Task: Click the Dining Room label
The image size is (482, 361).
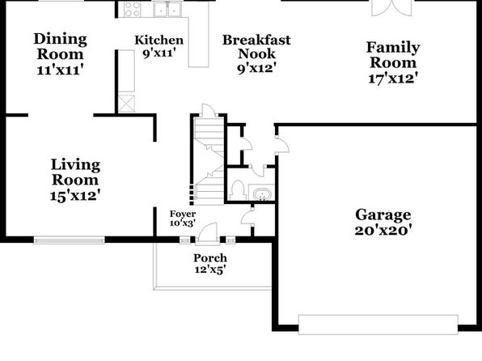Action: click(60, 46)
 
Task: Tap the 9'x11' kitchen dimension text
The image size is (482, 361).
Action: click(159, 53)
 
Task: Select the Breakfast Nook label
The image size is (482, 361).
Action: click(256, 47)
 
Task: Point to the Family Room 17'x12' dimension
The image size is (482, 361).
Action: click(393, 79)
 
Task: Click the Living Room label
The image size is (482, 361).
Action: click(75, 172)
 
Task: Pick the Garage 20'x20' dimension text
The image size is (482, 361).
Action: click(383, 230)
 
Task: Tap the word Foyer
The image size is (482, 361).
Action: click(183, 214)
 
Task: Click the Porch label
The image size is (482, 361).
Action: click(210, 258)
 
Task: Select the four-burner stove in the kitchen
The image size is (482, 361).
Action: click(132, 9)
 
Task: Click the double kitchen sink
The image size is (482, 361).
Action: click(167, 9)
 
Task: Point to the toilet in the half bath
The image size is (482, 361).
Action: click(237, 190)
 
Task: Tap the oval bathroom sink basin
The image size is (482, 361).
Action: click(262, 194)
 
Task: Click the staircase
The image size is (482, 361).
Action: click(209, 161)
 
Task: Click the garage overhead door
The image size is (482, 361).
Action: click(378, 325)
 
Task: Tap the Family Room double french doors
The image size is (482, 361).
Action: click(391, 8)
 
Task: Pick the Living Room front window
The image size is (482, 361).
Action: click(70, 240)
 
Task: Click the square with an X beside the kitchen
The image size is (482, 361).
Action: click(126, 104)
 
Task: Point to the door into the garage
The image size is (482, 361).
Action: click(283, 145)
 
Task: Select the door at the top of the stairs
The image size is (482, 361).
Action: click(209, 110)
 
